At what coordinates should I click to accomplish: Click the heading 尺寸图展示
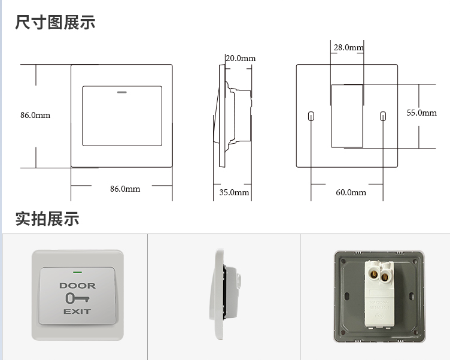(55, 22)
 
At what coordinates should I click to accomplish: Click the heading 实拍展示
(47, 219)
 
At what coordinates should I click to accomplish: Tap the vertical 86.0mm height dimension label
(35, 115)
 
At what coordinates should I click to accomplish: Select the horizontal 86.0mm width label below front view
(125, 189)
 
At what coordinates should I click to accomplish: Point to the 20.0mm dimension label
(241, 58)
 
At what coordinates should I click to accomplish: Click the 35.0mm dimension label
(234, 192)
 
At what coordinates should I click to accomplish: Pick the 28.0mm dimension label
(348, 47)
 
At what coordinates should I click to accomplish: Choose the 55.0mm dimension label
(422, 113)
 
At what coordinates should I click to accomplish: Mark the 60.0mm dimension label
(351, 192)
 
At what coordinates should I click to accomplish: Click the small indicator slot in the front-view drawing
(122, 92)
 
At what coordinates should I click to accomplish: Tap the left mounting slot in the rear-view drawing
(311, 116)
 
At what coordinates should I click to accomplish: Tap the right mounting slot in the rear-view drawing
(383, 116)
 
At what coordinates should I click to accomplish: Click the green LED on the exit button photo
(77, 272)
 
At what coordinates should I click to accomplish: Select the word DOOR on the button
(77, 286)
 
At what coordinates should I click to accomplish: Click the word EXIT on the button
(77, 311)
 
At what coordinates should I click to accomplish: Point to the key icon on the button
(77, 298)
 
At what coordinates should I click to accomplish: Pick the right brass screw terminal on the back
(385, 277)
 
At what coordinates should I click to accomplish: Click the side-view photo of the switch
(225, 294)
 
